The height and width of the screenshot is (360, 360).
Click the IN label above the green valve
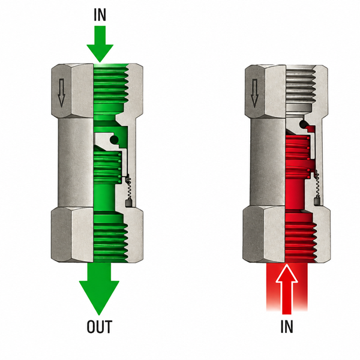click(x=100, y=15)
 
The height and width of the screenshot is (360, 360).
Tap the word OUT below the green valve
click(x=100, y=326)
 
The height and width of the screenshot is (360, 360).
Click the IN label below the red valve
click(x=287, y=326)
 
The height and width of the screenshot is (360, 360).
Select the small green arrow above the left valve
click(x=100, y=44)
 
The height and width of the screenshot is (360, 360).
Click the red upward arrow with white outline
click(x=287, y=289)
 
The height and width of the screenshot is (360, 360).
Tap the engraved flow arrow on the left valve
click(x=61, y=93)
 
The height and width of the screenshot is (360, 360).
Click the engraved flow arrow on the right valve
click(x=254, y=93)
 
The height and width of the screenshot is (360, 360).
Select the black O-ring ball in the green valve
click(x=114, y=139)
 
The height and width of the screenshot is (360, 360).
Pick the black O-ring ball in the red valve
click(x=303, y=124)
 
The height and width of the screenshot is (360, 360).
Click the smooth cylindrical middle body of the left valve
click(x=76, y=163)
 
